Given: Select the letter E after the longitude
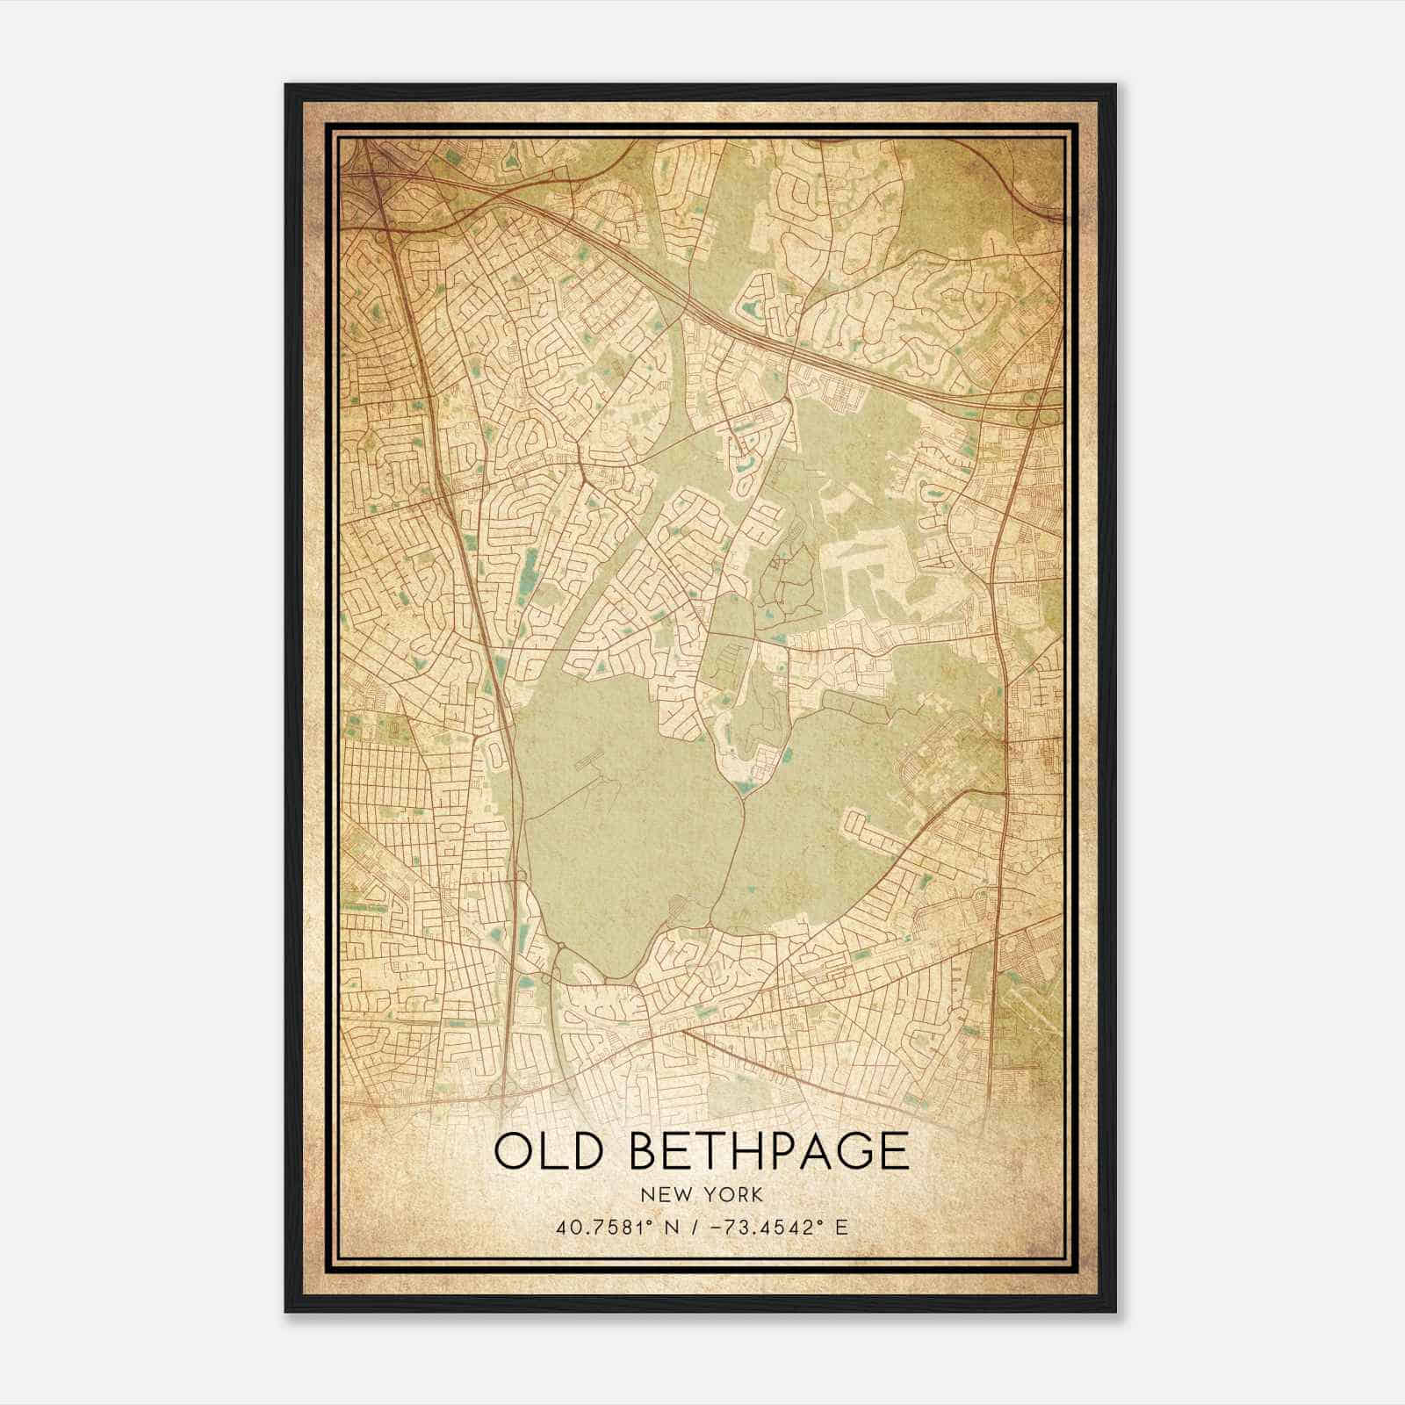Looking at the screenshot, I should [x=841, y=1227].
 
